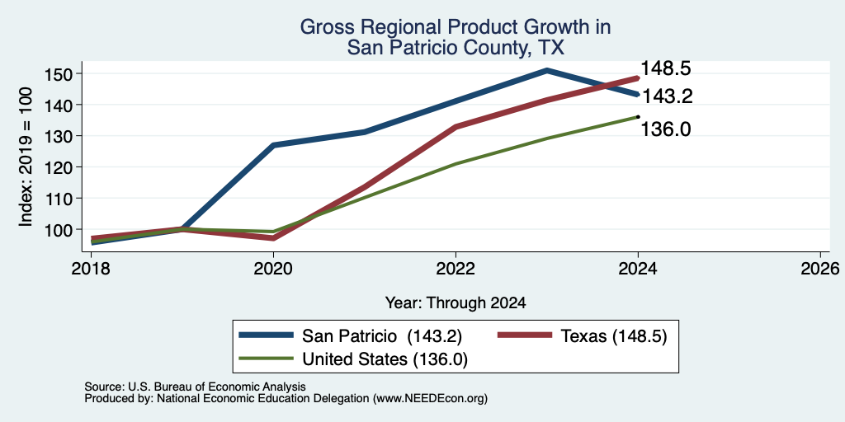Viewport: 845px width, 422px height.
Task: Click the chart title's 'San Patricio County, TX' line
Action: pos(456,48)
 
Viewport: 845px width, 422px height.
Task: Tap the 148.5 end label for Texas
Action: pos(666,68)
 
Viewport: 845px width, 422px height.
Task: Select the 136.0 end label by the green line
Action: pos(666,129)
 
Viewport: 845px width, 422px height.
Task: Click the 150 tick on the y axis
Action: pos(59,73)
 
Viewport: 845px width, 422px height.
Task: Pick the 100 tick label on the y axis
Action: pos(59,229)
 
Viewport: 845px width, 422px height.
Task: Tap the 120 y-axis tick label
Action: pos(59,166)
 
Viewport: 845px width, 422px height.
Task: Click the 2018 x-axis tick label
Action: pos(91,268)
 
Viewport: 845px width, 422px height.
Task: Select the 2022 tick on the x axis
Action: pos(456,268)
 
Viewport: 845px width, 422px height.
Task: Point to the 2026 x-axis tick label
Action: pos(820,268)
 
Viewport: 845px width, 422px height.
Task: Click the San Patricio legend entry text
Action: pos(381,336)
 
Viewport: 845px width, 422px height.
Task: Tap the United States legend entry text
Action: pos(385,359)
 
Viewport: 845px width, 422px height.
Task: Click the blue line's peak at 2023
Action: pos(546,70)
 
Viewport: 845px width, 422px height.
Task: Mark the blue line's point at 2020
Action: pos(274,145)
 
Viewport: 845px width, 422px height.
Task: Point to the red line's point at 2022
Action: pos(456,127)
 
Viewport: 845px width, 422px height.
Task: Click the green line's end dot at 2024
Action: pos(638,116)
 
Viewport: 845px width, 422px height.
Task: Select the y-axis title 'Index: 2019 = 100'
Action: pos(26,157)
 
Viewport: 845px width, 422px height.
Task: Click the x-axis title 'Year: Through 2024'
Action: pos(456,303)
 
